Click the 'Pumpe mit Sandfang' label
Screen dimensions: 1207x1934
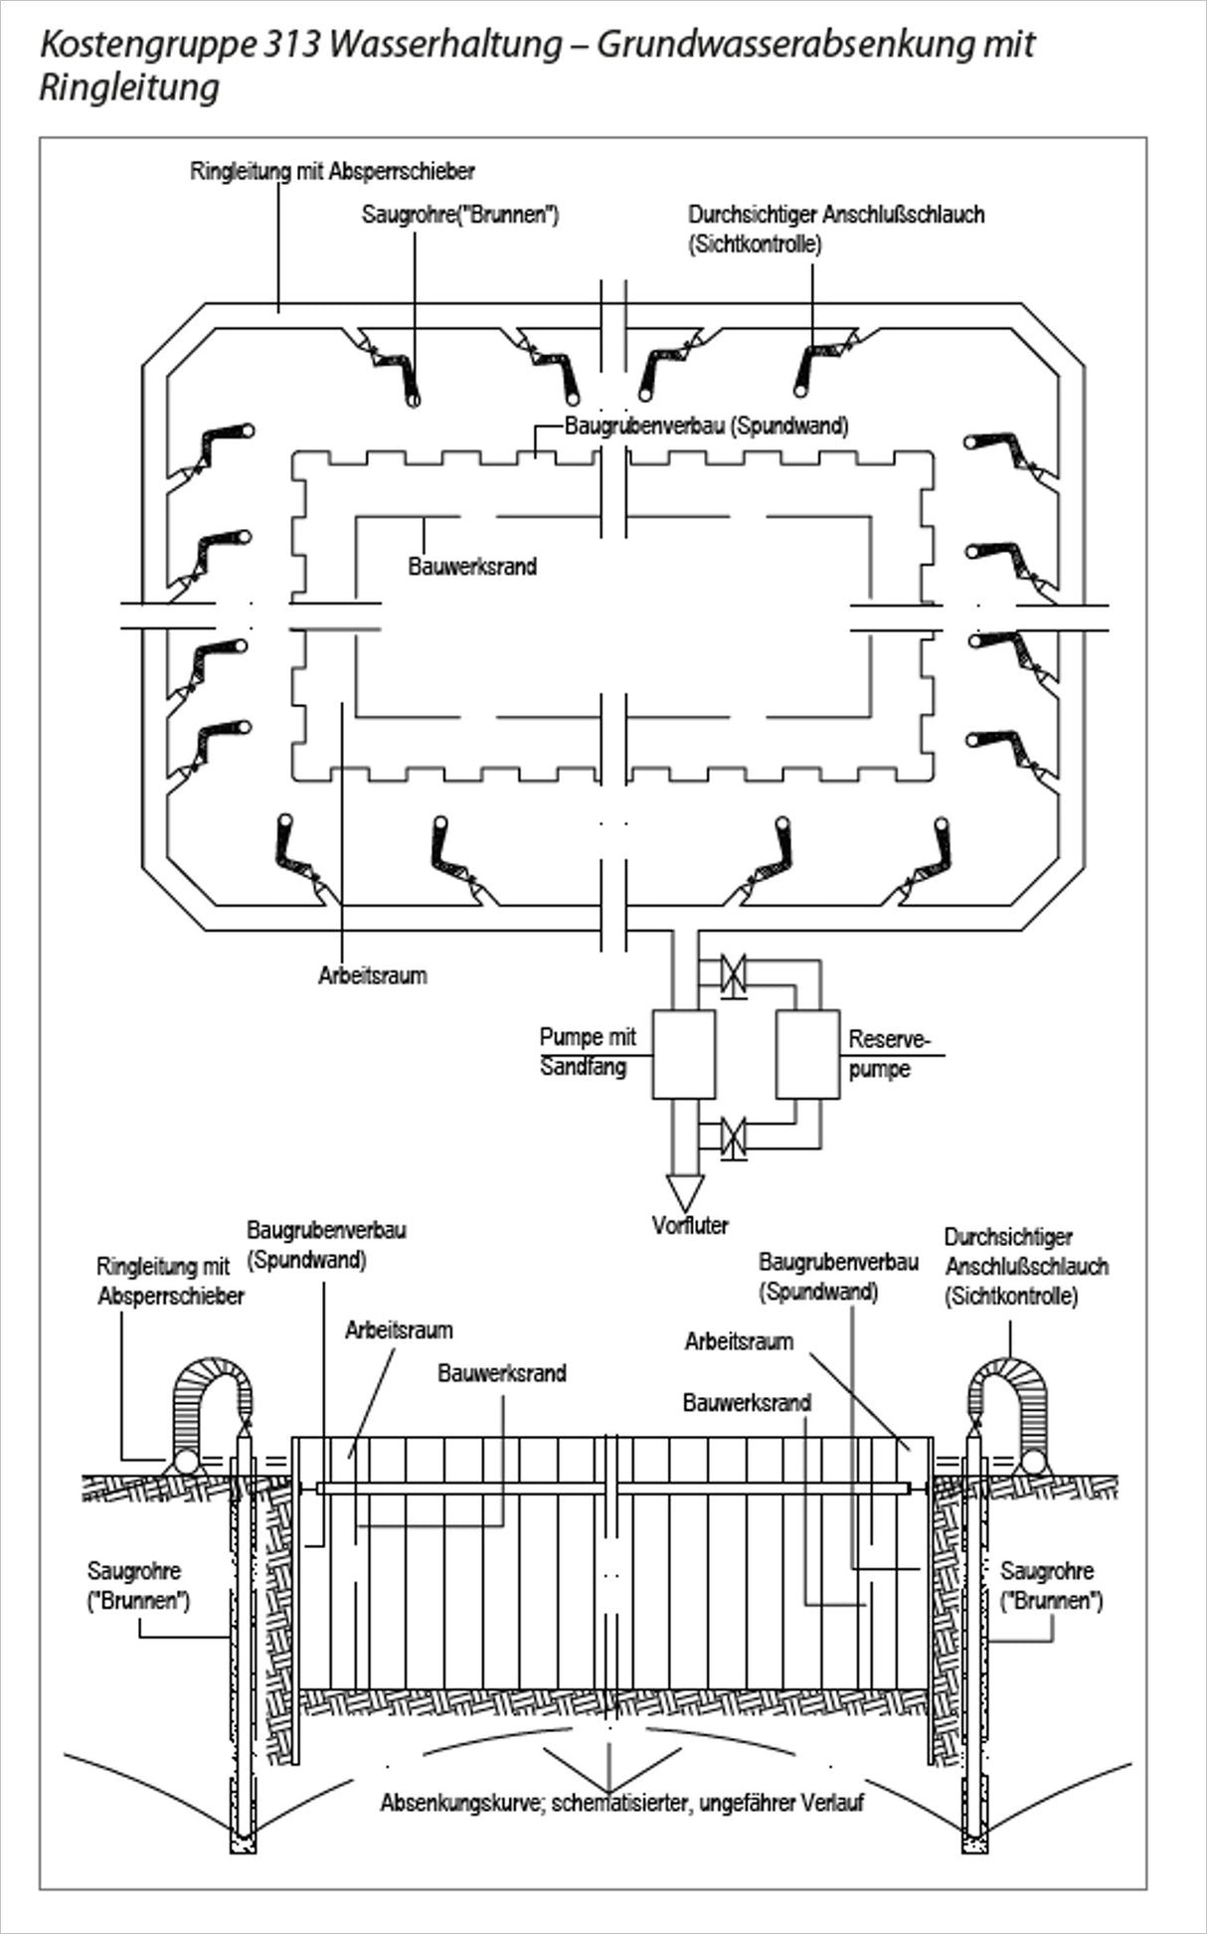click(x=587, y=1052)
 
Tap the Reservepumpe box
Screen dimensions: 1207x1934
click(x=807, y=1054)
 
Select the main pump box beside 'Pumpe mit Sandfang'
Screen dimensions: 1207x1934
click(x=683, y=1054)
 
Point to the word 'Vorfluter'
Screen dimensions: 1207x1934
click(x=690, y=1225)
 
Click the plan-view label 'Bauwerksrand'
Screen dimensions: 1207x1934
click(x=472, y=567)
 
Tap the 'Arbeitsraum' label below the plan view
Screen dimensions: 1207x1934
click(x=373, y=975)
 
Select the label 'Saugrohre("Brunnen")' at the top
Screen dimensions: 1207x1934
click(x=460, y=215)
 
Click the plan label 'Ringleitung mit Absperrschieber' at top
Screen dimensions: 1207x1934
click(x=332, y=171)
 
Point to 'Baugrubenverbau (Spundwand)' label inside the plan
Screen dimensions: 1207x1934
click(x=707, y=427)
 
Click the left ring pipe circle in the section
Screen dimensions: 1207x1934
click(x=185, y=1461)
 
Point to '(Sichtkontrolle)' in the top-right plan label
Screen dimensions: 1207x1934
click(x=755, y=245)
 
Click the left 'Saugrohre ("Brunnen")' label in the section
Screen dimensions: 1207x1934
click(x=138, y=1586)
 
